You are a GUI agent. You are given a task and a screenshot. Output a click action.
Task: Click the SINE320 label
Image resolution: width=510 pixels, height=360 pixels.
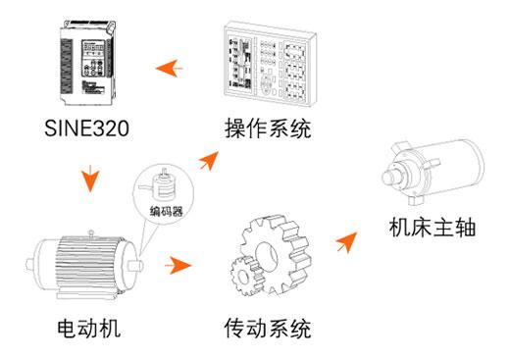pos(86,128)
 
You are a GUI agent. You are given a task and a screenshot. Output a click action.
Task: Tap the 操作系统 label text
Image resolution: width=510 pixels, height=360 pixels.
pos(268,129)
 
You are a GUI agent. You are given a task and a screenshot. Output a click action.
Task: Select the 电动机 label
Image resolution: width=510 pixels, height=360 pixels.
pos(89,328)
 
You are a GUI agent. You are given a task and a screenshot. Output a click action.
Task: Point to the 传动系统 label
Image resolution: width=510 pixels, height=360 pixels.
pos(268,328)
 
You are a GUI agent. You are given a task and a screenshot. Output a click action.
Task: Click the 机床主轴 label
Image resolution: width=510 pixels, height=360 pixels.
pos(433,227)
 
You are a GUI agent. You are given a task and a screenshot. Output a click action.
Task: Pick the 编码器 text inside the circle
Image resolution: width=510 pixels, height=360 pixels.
pos(167,211)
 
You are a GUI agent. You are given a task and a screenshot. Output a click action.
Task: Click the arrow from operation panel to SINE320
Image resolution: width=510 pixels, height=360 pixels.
pos(169,69)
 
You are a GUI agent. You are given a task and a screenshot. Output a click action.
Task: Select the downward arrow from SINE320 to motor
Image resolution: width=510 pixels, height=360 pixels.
pos(90,179)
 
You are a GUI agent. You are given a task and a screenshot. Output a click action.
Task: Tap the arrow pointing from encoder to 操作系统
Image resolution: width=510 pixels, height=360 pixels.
pos(209,161)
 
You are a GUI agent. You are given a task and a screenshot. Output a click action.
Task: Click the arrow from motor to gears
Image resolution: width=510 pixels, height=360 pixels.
pos(178,265)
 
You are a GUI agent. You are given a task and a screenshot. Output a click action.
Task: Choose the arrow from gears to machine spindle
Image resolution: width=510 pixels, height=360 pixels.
pos(347,242)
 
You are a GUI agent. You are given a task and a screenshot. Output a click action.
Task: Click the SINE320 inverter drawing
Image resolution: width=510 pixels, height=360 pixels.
pos(87,63)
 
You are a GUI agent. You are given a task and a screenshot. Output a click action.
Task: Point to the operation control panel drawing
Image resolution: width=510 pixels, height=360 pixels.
pos(270,64)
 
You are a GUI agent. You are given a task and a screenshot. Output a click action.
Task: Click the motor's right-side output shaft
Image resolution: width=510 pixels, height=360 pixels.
pos(135,265)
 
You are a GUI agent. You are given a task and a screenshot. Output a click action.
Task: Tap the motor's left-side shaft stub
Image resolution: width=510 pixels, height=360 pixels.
pos(30,265)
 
